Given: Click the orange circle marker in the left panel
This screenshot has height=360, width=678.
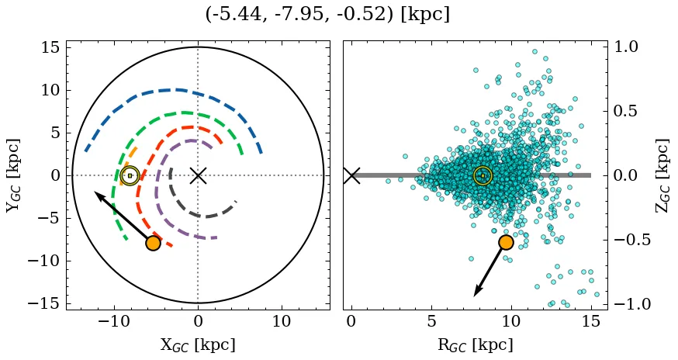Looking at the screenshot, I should [x=153, y=243].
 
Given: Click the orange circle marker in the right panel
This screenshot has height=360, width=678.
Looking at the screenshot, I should [x=506, y=242].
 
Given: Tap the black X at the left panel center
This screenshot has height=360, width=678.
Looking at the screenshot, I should [x=198, y=175].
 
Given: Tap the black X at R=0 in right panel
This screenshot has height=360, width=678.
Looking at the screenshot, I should [x=351, y=175].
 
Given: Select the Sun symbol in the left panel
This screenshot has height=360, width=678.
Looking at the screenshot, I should [x=130, y=175].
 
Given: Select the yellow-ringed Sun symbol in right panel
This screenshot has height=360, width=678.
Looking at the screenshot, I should [x=483, y=175].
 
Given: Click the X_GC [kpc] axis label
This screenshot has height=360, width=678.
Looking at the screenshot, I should [x=198, y=345].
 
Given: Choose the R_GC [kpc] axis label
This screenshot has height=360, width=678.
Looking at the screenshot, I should [x=475, y=345].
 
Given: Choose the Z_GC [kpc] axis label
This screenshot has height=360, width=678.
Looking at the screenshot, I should [x=663, y=175].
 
